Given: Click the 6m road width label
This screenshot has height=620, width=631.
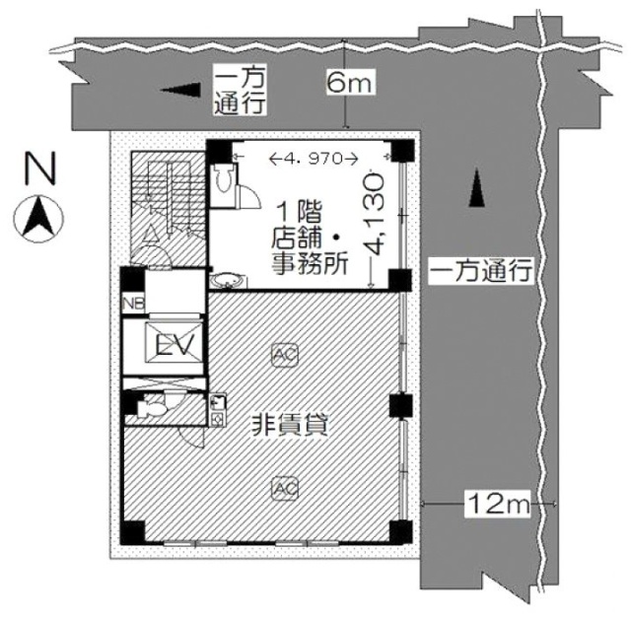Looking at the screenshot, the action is pyautogui.click(x=351, y=82).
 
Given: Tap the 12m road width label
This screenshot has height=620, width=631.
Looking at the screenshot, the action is pyautogui.click(x=498, y=504).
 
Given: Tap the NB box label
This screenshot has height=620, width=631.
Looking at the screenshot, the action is pyautogui.click(x=133, y=304).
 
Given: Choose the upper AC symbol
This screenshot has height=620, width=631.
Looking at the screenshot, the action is pyautogui.click(x=285, y=355).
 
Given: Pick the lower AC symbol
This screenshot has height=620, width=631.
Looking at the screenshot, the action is pyautogui.click(x=285, y=488).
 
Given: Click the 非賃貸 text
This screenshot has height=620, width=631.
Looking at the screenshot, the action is pyautogui.click(x=290, y=426).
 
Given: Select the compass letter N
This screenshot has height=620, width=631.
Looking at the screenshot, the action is pyautogui.click(x=39, y=168).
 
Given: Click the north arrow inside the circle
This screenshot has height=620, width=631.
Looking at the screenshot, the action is pyautogui.click(x=38, y=219).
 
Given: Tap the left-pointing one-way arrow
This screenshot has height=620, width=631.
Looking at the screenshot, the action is pyautogui.click(x=180, y=90).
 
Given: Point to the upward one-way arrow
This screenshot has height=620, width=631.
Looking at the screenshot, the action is pyautogui.click(x=477, y=187).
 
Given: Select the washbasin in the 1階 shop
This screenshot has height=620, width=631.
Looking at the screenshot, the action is pyautogui.click(x=228, y=280).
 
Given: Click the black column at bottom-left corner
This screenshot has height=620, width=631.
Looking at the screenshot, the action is pyautogui.click(x=133, y=532).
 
